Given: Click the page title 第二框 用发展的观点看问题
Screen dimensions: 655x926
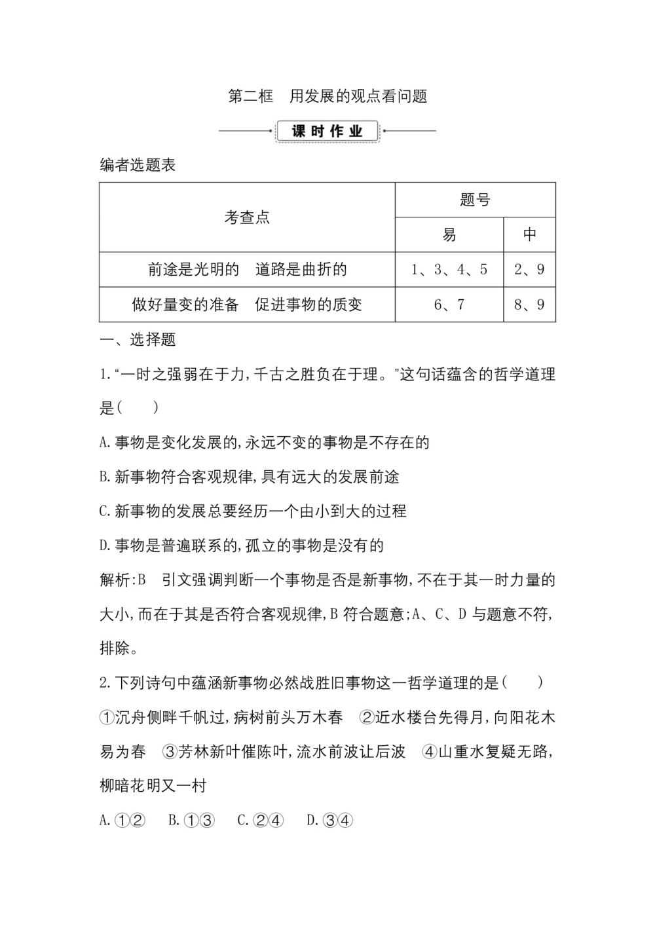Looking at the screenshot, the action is pyautogui.click(x=327, y=96).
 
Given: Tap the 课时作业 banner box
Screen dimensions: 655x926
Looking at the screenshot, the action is pyautogui.click(x=327, y=131).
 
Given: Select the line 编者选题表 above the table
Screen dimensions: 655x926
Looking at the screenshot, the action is pyautogui.click(x=138, y=165).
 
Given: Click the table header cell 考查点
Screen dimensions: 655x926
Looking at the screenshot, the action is pyautogui.click(x=247, y=217).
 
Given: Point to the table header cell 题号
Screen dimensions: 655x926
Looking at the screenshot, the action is pyautogui.click(x=475, y=200).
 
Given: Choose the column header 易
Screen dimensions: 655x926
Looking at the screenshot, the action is pyautogui.click(x=449, y=234).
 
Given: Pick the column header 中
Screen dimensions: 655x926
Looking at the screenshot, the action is pyautogui.click(x=529, y=234).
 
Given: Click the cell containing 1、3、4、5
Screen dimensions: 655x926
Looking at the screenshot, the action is pyautogui.click(x=449, y=269).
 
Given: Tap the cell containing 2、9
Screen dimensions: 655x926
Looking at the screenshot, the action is pyautogui.click(x=529, y=269).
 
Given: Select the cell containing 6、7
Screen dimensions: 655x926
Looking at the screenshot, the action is pyautogui.click(x=449, y=305).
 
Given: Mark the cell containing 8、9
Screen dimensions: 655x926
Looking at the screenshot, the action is pyautogui.click(x=529, y=305).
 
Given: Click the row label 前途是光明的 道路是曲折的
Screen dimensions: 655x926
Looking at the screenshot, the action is pyautogui.click(x=247, y=269).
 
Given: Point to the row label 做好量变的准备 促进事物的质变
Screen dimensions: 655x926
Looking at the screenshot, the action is pyautogui.click(x=247, y=305).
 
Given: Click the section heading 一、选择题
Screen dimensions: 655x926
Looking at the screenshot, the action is pyautogui.click(x=138, y=339).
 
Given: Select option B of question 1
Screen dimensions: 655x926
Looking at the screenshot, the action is pyautogui.click(x=249, y=477).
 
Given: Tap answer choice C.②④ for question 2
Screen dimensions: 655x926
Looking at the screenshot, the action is pyautogui.click(x=261, y=820).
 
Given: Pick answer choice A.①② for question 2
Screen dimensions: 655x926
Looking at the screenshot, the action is pyautogui.click(x=122, y=820).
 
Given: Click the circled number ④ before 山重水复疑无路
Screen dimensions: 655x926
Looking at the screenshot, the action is pyautogui.click(x=430, y=752).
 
